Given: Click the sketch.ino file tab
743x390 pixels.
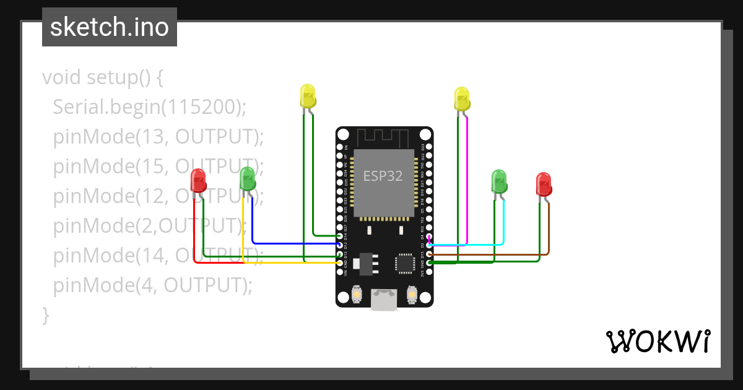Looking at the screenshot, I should coord(109,27).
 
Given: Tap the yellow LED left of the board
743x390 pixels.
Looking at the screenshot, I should coord(308,96).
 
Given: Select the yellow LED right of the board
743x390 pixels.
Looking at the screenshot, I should coord(462,99).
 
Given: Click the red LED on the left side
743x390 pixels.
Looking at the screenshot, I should coord(198,181).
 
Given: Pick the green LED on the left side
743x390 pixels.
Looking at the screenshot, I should coord(247,179).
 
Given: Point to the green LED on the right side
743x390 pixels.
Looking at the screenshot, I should coord(499,181).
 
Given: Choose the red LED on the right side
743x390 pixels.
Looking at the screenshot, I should coord(543,184).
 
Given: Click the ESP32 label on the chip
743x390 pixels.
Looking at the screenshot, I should coord(383,176).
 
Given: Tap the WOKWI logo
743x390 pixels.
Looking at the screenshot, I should coord(658,341).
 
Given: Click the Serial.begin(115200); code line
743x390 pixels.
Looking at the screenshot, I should coord(149,107).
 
